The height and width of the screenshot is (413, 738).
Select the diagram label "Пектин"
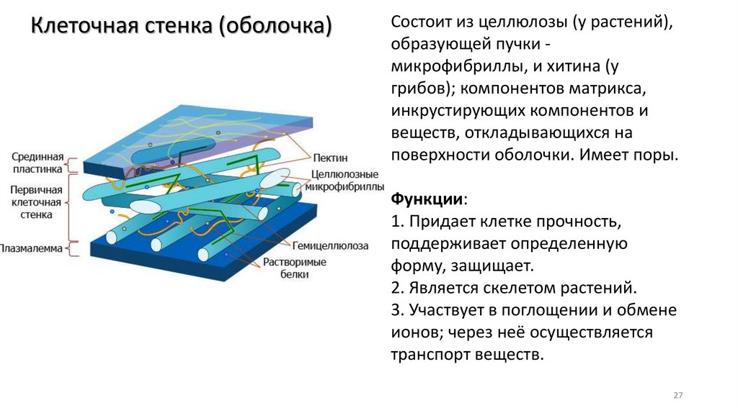[x=331, y=157]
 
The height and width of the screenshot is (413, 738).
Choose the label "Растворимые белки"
[x=295, y=268]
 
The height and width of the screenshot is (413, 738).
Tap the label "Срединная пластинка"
[x=38, y=162]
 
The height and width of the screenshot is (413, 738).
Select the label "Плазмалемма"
[x=31, y=249]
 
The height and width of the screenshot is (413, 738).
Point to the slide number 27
[x=677, y=396]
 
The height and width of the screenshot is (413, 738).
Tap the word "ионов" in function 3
[x=416, y=332]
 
